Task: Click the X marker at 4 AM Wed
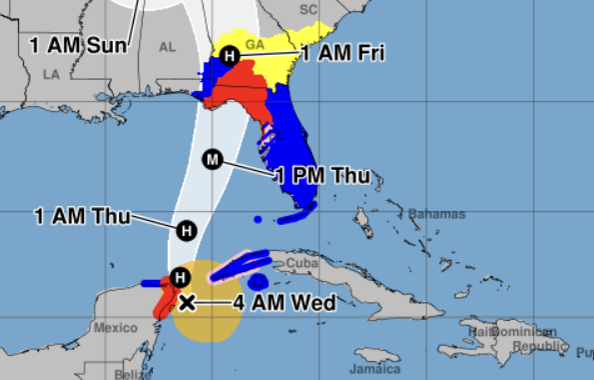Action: [x=186, y=301]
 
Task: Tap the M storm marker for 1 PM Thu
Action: [x=212, y=158]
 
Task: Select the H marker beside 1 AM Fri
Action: [x=231, y=56]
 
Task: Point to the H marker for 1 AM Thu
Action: [x=186, y=231]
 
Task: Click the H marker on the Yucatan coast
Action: [x=180, y=277]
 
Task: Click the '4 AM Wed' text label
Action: [x=257, y=302]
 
